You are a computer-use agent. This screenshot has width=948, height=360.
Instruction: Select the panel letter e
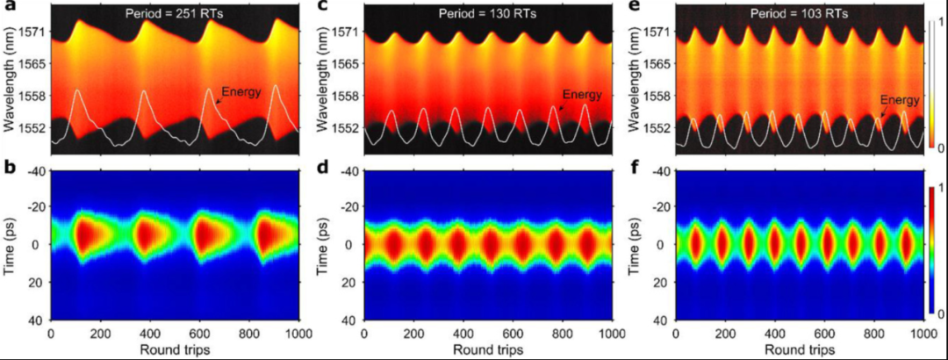[633, 7]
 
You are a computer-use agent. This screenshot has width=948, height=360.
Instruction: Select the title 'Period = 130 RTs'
[486, 13]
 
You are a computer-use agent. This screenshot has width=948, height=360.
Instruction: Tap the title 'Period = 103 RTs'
[797, 13]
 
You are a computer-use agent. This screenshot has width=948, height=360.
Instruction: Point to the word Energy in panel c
[581, 95]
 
